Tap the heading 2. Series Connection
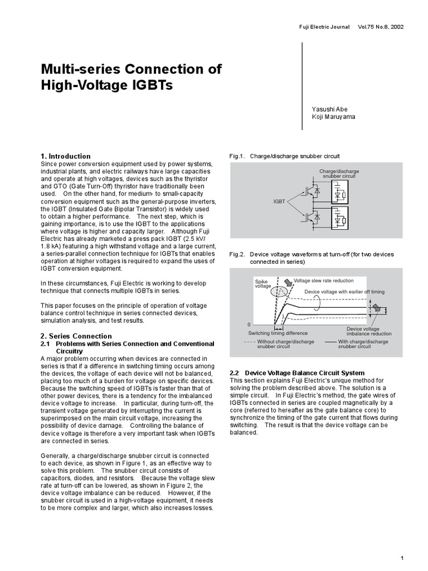76,336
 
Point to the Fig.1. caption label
237,156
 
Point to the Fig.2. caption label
237,254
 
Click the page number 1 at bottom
402,558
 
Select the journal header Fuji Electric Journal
324,27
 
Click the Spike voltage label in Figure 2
262,284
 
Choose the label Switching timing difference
277,333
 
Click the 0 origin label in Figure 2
249,324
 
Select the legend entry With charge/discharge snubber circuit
363,343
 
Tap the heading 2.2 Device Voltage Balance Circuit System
297,372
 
